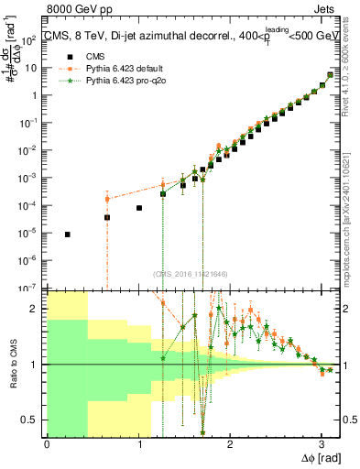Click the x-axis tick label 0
(x=47, y=443)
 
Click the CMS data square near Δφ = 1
(x=139, y=208)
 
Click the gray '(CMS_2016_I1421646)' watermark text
(x=191, y=274)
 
